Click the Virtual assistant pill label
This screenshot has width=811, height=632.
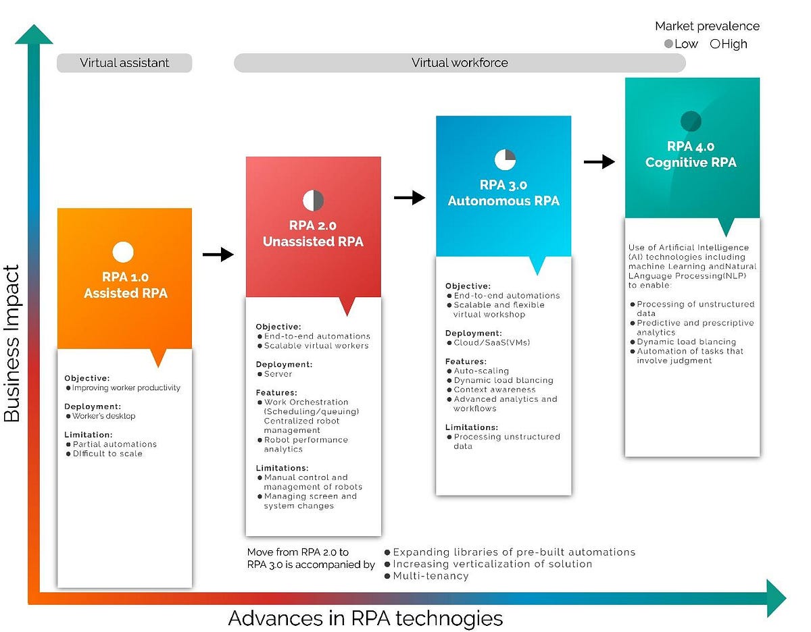point(124,63)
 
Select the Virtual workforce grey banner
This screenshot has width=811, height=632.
point(460,63)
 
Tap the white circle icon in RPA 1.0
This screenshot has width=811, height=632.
point(123,252)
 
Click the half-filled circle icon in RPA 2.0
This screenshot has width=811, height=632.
point(313,201)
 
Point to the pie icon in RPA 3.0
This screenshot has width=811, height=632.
point(505,159)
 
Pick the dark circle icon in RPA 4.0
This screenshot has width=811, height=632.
point(691,122)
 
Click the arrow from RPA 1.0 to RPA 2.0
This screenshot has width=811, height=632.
point(218,255)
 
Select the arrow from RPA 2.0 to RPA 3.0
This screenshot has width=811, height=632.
point(409,198)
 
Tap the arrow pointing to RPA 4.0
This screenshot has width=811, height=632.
point(599,161)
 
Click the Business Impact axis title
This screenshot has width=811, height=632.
point(13,344)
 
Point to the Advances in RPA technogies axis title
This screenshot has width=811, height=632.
point(366,618)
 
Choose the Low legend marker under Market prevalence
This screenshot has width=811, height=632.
point(669,44)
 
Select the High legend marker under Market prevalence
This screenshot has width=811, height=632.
point(715,44)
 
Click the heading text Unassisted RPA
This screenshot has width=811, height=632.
point(313,242)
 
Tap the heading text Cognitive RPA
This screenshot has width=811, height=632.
point(691,163)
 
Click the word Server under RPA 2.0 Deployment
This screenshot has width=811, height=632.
point(278,374)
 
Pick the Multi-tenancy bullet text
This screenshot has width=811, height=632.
point(431,576)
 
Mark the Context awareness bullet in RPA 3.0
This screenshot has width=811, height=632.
point(494,390)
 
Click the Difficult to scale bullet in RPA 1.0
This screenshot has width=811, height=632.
point(107,454)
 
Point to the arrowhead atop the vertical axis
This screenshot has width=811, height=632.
point(33,34)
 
